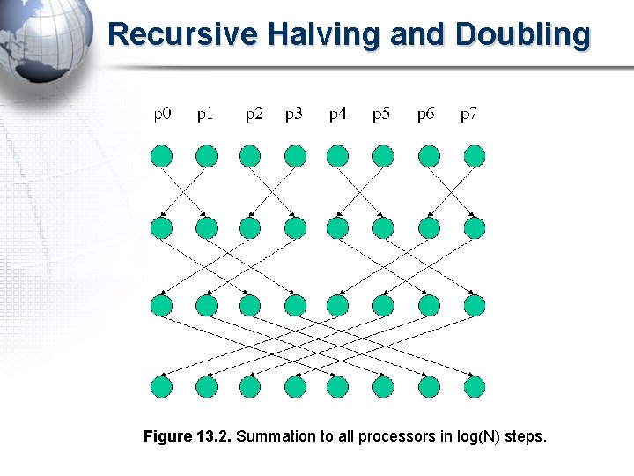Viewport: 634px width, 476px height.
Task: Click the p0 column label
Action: click(163, 114)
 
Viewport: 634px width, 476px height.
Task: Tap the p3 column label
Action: click(294, 114)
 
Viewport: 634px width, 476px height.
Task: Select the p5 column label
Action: click(381, 114)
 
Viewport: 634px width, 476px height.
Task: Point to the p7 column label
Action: click(469, 114)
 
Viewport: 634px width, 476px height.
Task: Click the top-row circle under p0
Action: click(161, 157)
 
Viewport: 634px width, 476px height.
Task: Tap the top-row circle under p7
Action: click(474, 157)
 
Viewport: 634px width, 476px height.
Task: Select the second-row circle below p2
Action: click(250, 228)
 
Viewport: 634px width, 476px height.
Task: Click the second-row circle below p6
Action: click(429, 228)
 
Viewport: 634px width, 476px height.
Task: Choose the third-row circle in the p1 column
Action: click(206, 306)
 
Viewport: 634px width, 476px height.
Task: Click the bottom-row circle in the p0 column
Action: click(161, 386)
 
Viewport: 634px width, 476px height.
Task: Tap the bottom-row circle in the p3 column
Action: click(295, 386)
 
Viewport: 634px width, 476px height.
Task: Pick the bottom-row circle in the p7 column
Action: click(474, 386)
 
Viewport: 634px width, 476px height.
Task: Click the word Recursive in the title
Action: click(181, 34)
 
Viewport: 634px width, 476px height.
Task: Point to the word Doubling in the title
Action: click(523, 34)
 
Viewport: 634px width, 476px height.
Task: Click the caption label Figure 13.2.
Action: click(188, 436)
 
